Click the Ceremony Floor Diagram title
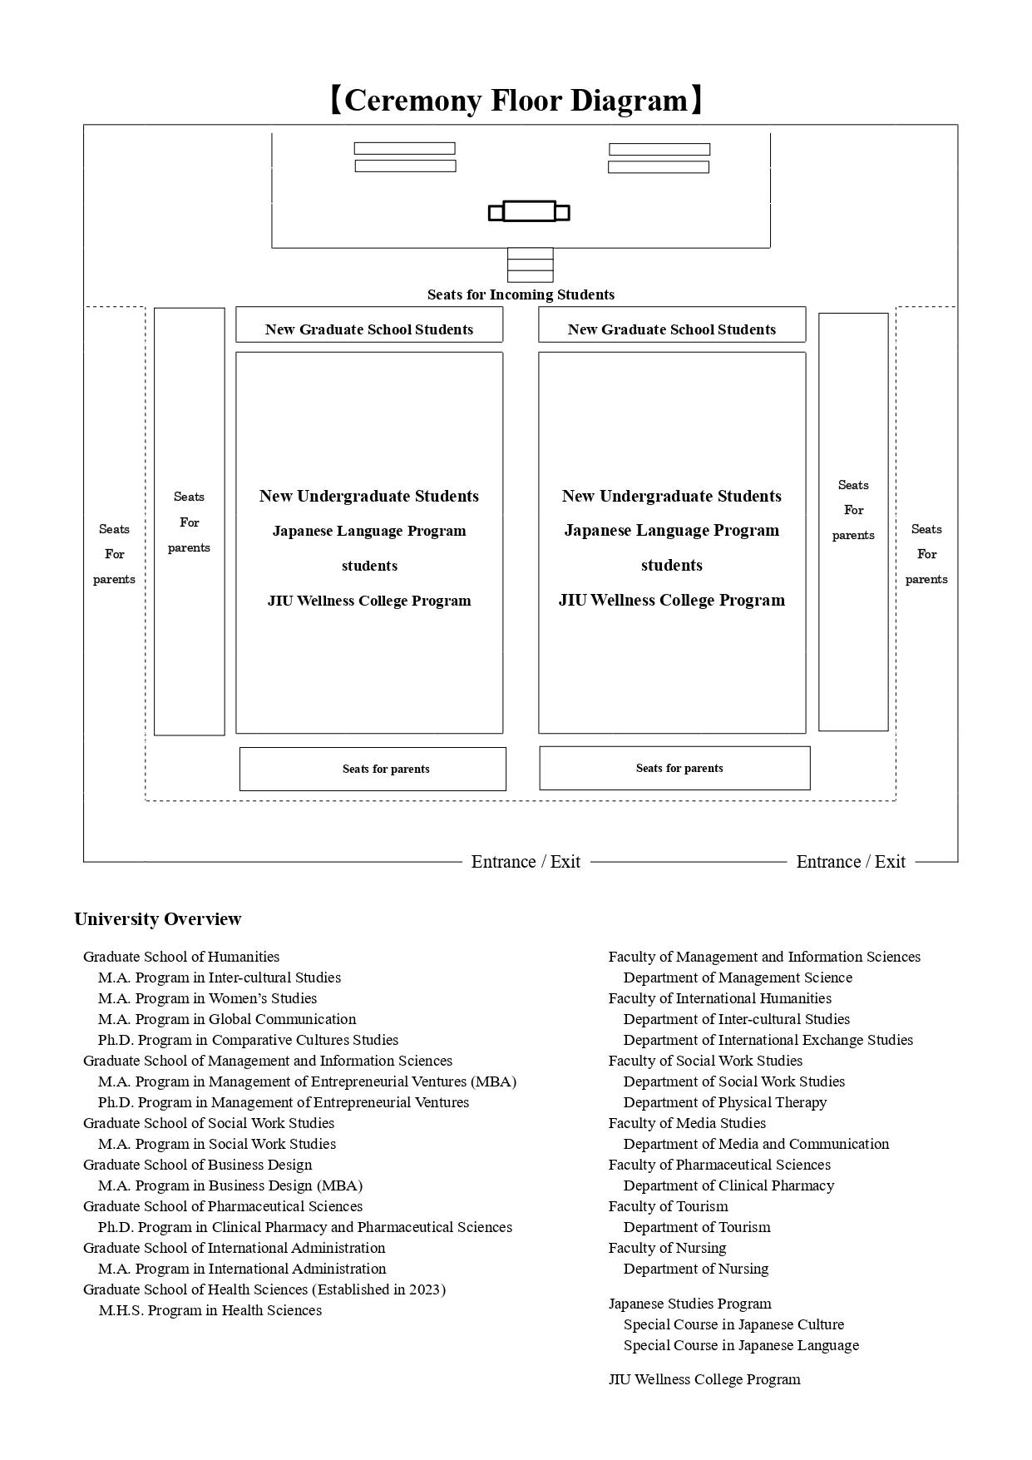516,101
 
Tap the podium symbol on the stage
529,212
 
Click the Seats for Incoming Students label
521,294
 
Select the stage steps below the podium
531,265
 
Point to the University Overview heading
158,919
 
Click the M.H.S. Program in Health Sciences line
210,1310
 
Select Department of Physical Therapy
725,1102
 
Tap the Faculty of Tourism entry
668,1206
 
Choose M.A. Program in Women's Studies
207,998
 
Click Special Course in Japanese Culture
733,1324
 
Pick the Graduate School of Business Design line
198,1165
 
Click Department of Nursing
696,1269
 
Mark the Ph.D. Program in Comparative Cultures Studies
248,1040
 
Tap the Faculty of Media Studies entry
687,1123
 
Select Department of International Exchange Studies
768,1040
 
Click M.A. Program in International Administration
242,1269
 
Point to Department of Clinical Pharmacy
728,1185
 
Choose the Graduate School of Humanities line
181,957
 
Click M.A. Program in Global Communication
227,1019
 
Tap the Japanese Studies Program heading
689,1304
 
